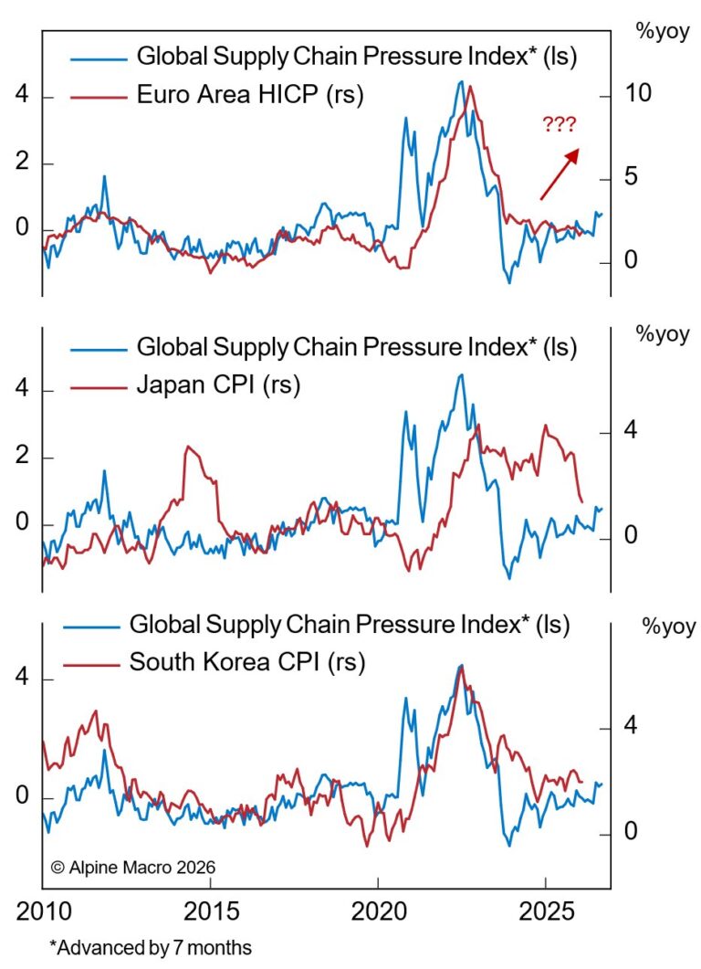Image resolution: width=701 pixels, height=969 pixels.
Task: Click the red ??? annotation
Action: [x=559, y=125]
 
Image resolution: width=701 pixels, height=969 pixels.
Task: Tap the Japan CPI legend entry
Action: [x=218, y=385]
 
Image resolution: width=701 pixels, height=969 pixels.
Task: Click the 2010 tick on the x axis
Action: [x=42, y=911]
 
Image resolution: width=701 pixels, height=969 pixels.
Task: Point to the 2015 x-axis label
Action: [x=210, y=911]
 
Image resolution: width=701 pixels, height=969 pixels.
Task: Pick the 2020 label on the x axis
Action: [x=378, y=911]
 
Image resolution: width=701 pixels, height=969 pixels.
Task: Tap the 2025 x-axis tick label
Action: [x=546, y=911]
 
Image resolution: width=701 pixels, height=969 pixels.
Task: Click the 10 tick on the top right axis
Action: [x=635, y=97]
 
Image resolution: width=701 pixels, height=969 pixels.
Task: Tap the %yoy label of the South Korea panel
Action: [x=668, y=627]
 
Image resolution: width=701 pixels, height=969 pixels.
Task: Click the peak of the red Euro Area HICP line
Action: [x=470, y=87]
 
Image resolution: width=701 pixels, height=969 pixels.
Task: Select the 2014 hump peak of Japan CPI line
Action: [x=188, y=447]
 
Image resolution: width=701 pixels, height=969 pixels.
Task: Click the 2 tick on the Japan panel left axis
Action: [x=20, y=458]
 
